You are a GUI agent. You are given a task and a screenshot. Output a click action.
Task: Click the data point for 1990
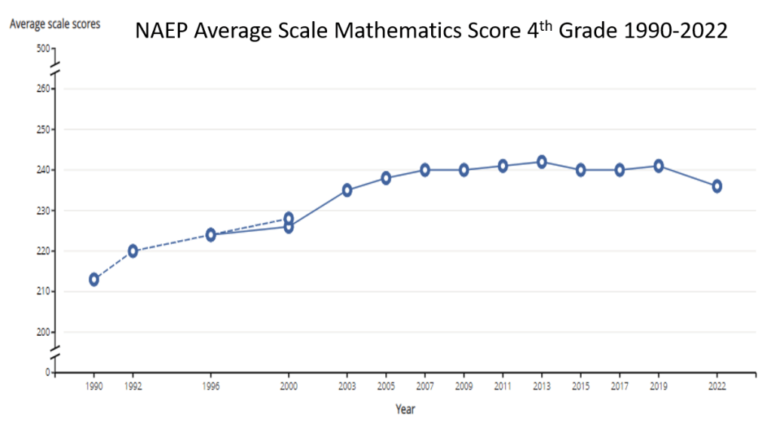click(x=93, y=279)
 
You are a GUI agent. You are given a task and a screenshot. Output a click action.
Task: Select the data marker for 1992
click(x=133, y=251)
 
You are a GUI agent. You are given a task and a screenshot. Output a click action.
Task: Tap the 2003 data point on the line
click(x=347, y=190)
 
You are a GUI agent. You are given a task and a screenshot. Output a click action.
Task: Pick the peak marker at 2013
click(x=541, y=162)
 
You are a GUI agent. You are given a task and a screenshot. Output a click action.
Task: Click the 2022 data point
click(x=717, y=186)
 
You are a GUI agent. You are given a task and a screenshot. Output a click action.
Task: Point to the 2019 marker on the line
click(x=658, y=166)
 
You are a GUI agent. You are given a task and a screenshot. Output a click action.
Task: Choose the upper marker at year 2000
click(x=288, y=218)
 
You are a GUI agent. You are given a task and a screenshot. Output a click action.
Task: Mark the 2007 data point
click(x=424, y=170)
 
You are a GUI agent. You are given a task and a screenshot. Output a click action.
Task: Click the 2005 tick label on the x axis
click(x=385, y=386)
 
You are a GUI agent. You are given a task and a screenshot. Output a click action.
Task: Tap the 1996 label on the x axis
click(x=211, y=386)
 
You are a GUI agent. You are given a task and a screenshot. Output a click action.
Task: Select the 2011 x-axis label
click(x=502, y=386)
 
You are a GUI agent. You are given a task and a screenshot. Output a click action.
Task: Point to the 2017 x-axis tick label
click(x=619, y=386)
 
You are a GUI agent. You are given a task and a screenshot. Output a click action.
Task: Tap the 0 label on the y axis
click(x=47, y=373)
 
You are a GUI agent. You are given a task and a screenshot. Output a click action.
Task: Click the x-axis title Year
click(x=405, y=410)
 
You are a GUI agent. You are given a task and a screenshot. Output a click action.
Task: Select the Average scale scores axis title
click(x=54, y=24)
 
